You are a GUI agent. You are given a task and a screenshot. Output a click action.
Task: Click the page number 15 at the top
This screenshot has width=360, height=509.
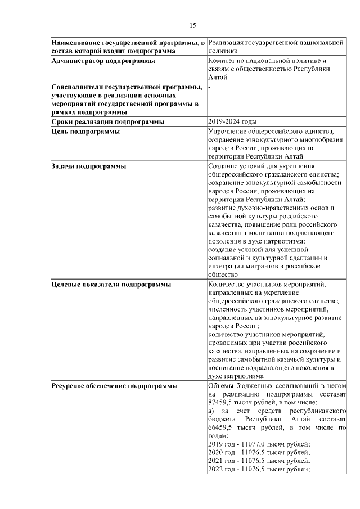(x=192, y=25)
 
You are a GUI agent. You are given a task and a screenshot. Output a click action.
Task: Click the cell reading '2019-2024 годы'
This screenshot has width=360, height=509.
(x=232, y=121)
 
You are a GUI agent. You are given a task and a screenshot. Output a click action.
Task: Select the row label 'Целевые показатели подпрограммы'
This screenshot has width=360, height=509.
(x=111, y=285)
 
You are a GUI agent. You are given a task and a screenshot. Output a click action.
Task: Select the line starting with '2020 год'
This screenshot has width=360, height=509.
(x=259, y=453)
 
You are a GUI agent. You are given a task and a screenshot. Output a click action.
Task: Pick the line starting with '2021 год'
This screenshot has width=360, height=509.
(x=259, y=461)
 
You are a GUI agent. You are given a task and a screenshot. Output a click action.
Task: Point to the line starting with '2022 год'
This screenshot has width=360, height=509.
(x=259, y=470)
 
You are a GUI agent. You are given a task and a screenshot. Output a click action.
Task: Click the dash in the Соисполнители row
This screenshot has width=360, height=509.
(x=209, y=87)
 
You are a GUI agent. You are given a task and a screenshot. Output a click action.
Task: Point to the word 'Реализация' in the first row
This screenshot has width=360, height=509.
(x=227, y=43)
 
